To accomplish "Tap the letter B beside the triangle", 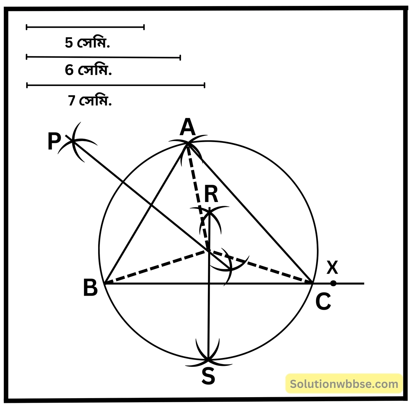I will (91, 288).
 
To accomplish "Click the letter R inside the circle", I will (211, 194).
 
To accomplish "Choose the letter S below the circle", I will (208, 376).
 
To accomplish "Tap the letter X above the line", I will (332, 267).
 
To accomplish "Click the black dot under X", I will (333, 283).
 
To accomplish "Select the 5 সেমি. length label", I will (87, 43).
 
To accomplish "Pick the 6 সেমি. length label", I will (88, 71).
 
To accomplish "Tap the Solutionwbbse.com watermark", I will (344, 384).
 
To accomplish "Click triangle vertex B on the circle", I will (105, 284).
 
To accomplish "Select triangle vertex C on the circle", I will (313, 283).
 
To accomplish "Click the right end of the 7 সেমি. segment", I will (204, 85).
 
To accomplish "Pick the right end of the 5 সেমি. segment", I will (144, 27).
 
